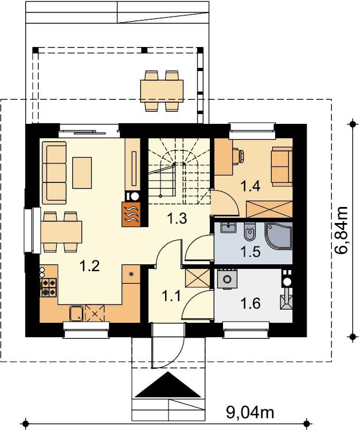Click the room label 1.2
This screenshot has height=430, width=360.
coord(89,266)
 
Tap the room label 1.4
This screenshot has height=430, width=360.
coord(251,186)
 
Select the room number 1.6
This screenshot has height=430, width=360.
coord(250,303)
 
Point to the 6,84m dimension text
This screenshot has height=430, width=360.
coord(341,231)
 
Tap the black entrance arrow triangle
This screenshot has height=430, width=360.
coord(168,385)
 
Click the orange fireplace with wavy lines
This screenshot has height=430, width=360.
coord(131,214)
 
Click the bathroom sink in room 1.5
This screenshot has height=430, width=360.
coord(228,228)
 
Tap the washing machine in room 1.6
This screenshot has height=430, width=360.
coord(227,279)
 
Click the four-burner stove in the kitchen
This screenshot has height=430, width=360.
coord(49,287)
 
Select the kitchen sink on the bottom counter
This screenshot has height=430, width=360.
coord(77,314)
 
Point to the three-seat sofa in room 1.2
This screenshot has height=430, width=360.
coord(54,173)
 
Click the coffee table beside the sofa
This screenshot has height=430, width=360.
coord(82,173)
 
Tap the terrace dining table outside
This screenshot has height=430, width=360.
coord(162,91)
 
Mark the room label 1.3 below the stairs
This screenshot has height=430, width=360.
coord(177,218)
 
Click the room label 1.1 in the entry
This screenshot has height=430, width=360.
coord(171,296)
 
